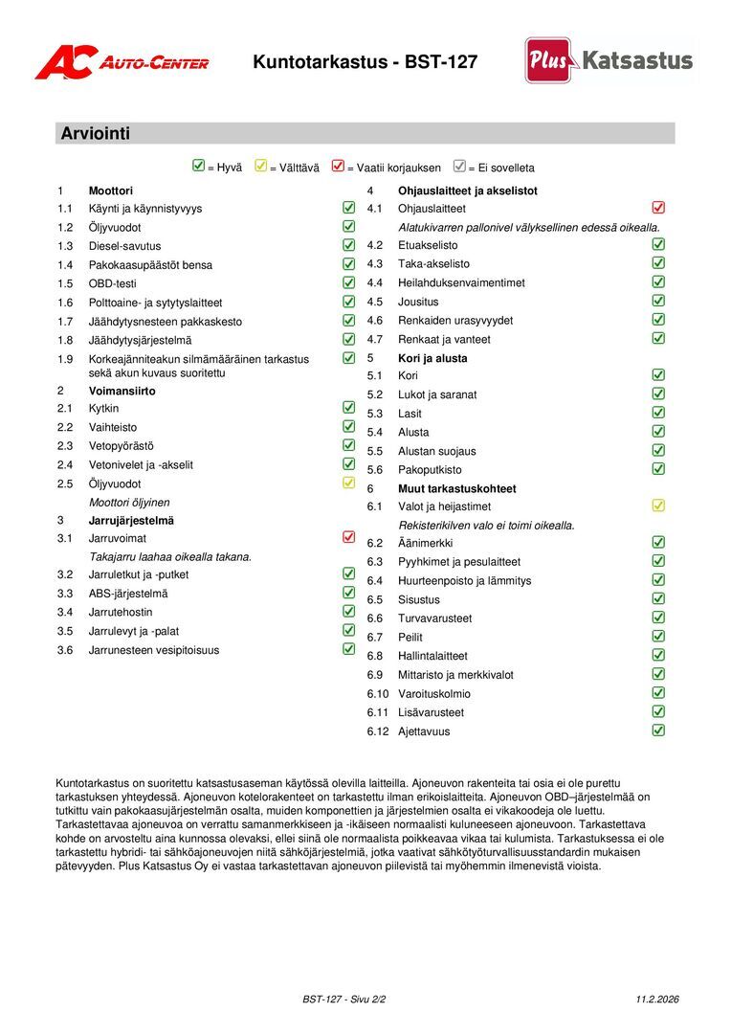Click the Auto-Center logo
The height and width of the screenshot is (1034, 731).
point(122,62)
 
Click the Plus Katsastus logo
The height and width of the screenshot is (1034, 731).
point(609,60)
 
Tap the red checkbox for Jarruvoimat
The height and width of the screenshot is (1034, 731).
point(348,537)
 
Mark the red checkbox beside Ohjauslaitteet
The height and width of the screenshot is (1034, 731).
point(658,208)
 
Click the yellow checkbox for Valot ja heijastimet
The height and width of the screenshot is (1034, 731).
point(658,506)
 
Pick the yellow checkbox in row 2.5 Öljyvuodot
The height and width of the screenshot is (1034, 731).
point(348,483)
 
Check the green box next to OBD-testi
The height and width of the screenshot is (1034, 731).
point(348,282)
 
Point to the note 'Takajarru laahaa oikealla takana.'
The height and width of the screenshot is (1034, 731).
point(170,556)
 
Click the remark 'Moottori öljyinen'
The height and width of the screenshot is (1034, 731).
point(129,502)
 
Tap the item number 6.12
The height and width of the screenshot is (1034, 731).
point(380,731)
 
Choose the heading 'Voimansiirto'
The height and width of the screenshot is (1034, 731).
point(122,391)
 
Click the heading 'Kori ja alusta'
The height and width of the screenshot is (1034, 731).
point(432,358)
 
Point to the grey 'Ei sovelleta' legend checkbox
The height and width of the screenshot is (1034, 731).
point(459,167)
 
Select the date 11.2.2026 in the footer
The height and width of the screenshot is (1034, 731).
point(657,1000)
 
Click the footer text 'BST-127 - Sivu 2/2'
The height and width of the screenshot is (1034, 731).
point(344,1000)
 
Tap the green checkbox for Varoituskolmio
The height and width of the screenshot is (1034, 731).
point(658,693)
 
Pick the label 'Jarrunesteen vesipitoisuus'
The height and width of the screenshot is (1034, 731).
point(154,650)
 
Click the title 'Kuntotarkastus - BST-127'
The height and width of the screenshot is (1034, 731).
point(365,62)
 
